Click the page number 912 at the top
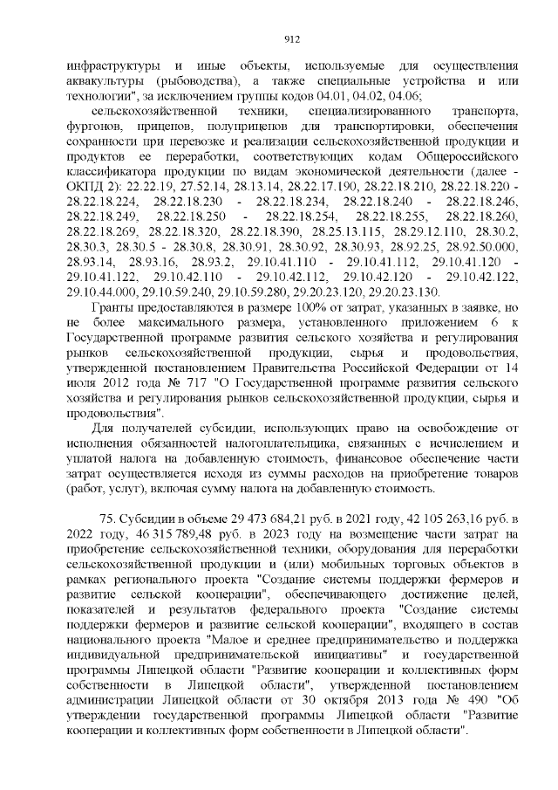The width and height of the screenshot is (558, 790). (293, 38)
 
